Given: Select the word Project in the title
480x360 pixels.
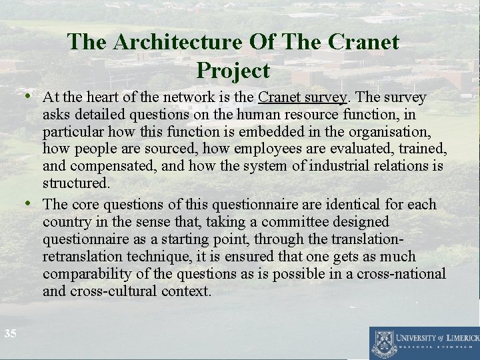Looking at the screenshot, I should click(x=233, y=70).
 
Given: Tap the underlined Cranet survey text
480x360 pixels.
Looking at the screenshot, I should click(x=303, y=97).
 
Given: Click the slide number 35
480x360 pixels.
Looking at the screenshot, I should click(x=9, y=333).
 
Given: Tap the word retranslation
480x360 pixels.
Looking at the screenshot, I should click(x=84, y=257).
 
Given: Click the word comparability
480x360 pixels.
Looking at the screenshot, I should click(x=84, y=274).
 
